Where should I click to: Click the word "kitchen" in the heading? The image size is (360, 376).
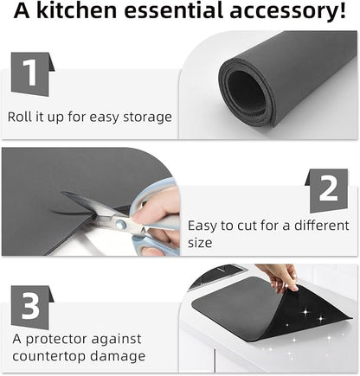point(76,10)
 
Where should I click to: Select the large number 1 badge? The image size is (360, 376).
point(33,74)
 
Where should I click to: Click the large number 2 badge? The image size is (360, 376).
point(327,190)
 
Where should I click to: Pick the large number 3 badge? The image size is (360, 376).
point(32,307)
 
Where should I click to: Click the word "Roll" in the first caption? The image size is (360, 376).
point(17,117)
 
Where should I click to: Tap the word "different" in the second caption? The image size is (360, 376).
point(321,226)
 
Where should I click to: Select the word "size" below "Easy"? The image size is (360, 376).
point(200,243)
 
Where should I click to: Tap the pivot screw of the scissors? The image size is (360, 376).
point(121,223)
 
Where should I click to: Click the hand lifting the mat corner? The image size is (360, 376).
point(280,277)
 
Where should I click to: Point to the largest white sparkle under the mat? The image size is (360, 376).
point(305,312)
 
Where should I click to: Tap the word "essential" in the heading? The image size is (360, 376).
point(173,10)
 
